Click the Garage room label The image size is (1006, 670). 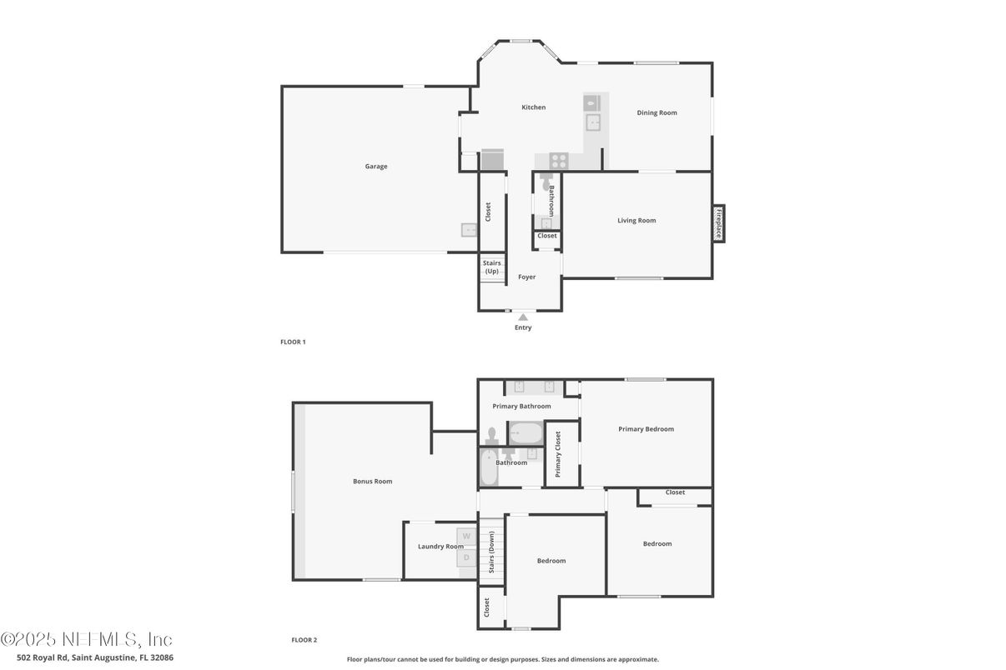tap(376, 167)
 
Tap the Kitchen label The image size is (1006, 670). tap(534, 107)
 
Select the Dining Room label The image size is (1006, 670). tap(656, 112)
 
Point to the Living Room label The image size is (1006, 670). tap(636, 221)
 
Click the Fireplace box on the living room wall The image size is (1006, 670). tap(717, 223)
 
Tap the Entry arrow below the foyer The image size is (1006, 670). tap(523, 317)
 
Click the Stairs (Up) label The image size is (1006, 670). tap(492, 267)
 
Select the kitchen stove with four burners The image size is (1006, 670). tap(559, 161)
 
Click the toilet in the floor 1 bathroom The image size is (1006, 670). tap(545, 181)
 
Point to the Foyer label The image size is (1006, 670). tap(527, 277)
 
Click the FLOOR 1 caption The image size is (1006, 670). tap(293, 342)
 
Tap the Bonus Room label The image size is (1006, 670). tap(372, 482)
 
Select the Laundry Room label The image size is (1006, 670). tap(440, 547)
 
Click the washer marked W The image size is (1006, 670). tap(466, 535)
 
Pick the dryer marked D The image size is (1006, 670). tap(466, 557)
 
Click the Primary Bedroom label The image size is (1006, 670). tap(646, 429)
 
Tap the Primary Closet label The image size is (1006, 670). tap(558, 454)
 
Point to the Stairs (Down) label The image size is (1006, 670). tap(492, 551)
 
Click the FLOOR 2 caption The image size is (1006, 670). tap(304, 640)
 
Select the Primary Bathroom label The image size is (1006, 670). tap(521, 407)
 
